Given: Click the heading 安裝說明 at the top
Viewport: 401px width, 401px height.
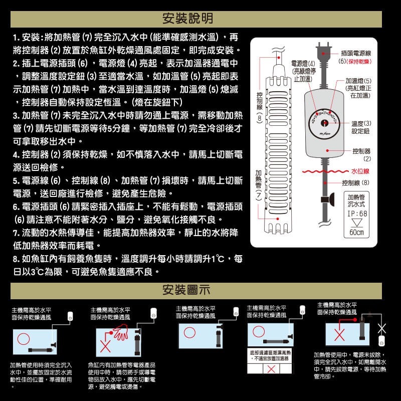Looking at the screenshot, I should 188,19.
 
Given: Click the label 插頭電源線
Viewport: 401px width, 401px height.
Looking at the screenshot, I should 355,53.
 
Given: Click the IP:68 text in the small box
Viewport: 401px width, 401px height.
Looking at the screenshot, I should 357,213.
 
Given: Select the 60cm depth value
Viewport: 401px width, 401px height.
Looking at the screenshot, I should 357,233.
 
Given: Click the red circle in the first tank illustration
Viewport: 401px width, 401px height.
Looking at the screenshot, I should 24,337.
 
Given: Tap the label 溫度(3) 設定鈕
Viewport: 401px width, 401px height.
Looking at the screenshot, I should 361,126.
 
